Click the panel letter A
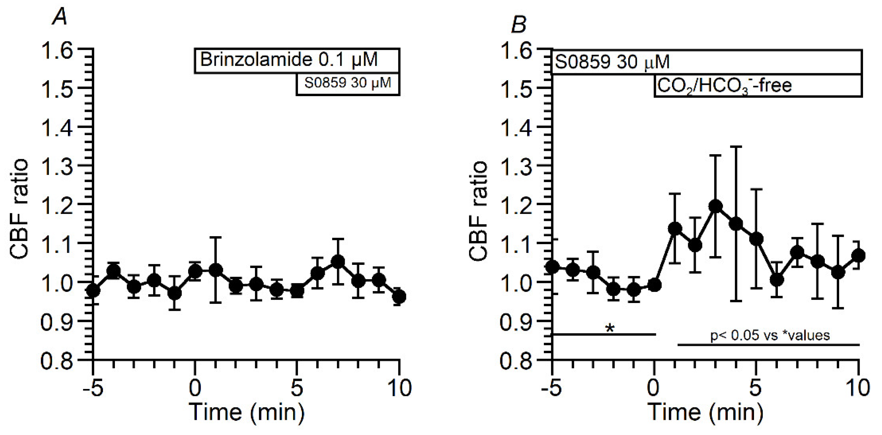(x=60, y=16)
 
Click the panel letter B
(x=519, y=25)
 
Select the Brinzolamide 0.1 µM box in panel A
(x=297, y=61)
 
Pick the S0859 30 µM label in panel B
(x=612, y=62)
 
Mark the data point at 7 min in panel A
(x=337, y=261)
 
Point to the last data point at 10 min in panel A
(x=399, y=297)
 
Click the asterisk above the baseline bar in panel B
(x=610, y=328)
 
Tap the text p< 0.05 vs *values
(x=770, y=335)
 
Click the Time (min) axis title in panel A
(x=246, y=412)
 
